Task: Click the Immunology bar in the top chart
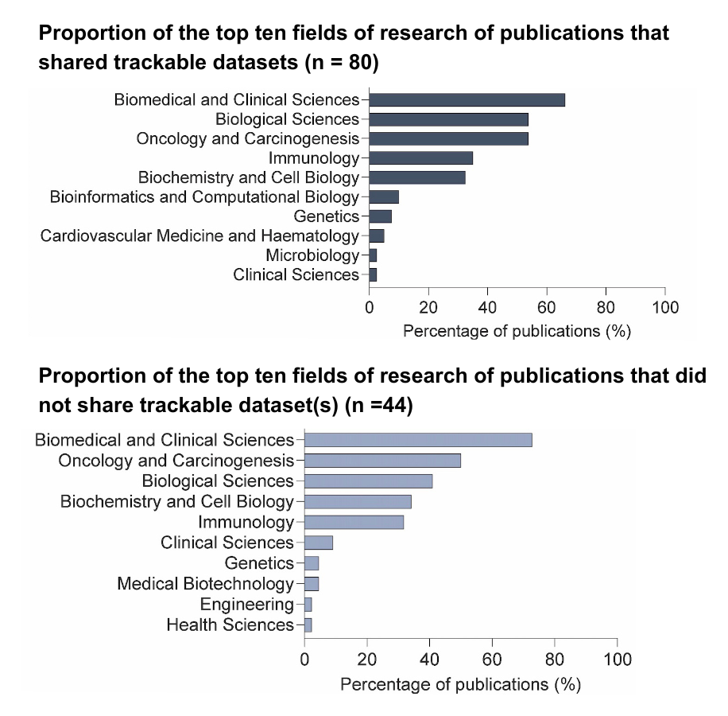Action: [421, 158]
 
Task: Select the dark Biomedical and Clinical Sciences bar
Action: [467, 99]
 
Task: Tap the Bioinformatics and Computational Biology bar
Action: [384, 197]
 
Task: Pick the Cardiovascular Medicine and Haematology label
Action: [199, 235]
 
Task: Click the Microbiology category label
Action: [312, 255]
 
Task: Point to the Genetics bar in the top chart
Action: [381, 216]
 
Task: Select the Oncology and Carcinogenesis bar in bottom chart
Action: [382, 461]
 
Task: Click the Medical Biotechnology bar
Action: [312, 584]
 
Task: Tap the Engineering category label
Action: [246, 605]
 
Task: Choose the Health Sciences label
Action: [230, 625]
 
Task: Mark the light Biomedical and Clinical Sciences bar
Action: [418, 440]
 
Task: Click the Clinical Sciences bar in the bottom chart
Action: [319, 543]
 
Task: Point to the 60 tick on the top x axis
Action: [547, 307]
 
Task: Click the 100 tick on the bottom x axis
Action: [618, 660]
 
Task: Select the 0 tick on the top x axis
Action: [370, 307]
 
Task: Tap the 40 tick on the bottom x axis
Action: [430, 660]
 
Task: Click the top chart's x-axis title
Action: [517, 331]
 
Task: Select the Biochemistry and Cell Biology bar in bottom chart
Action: [358, 501]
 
